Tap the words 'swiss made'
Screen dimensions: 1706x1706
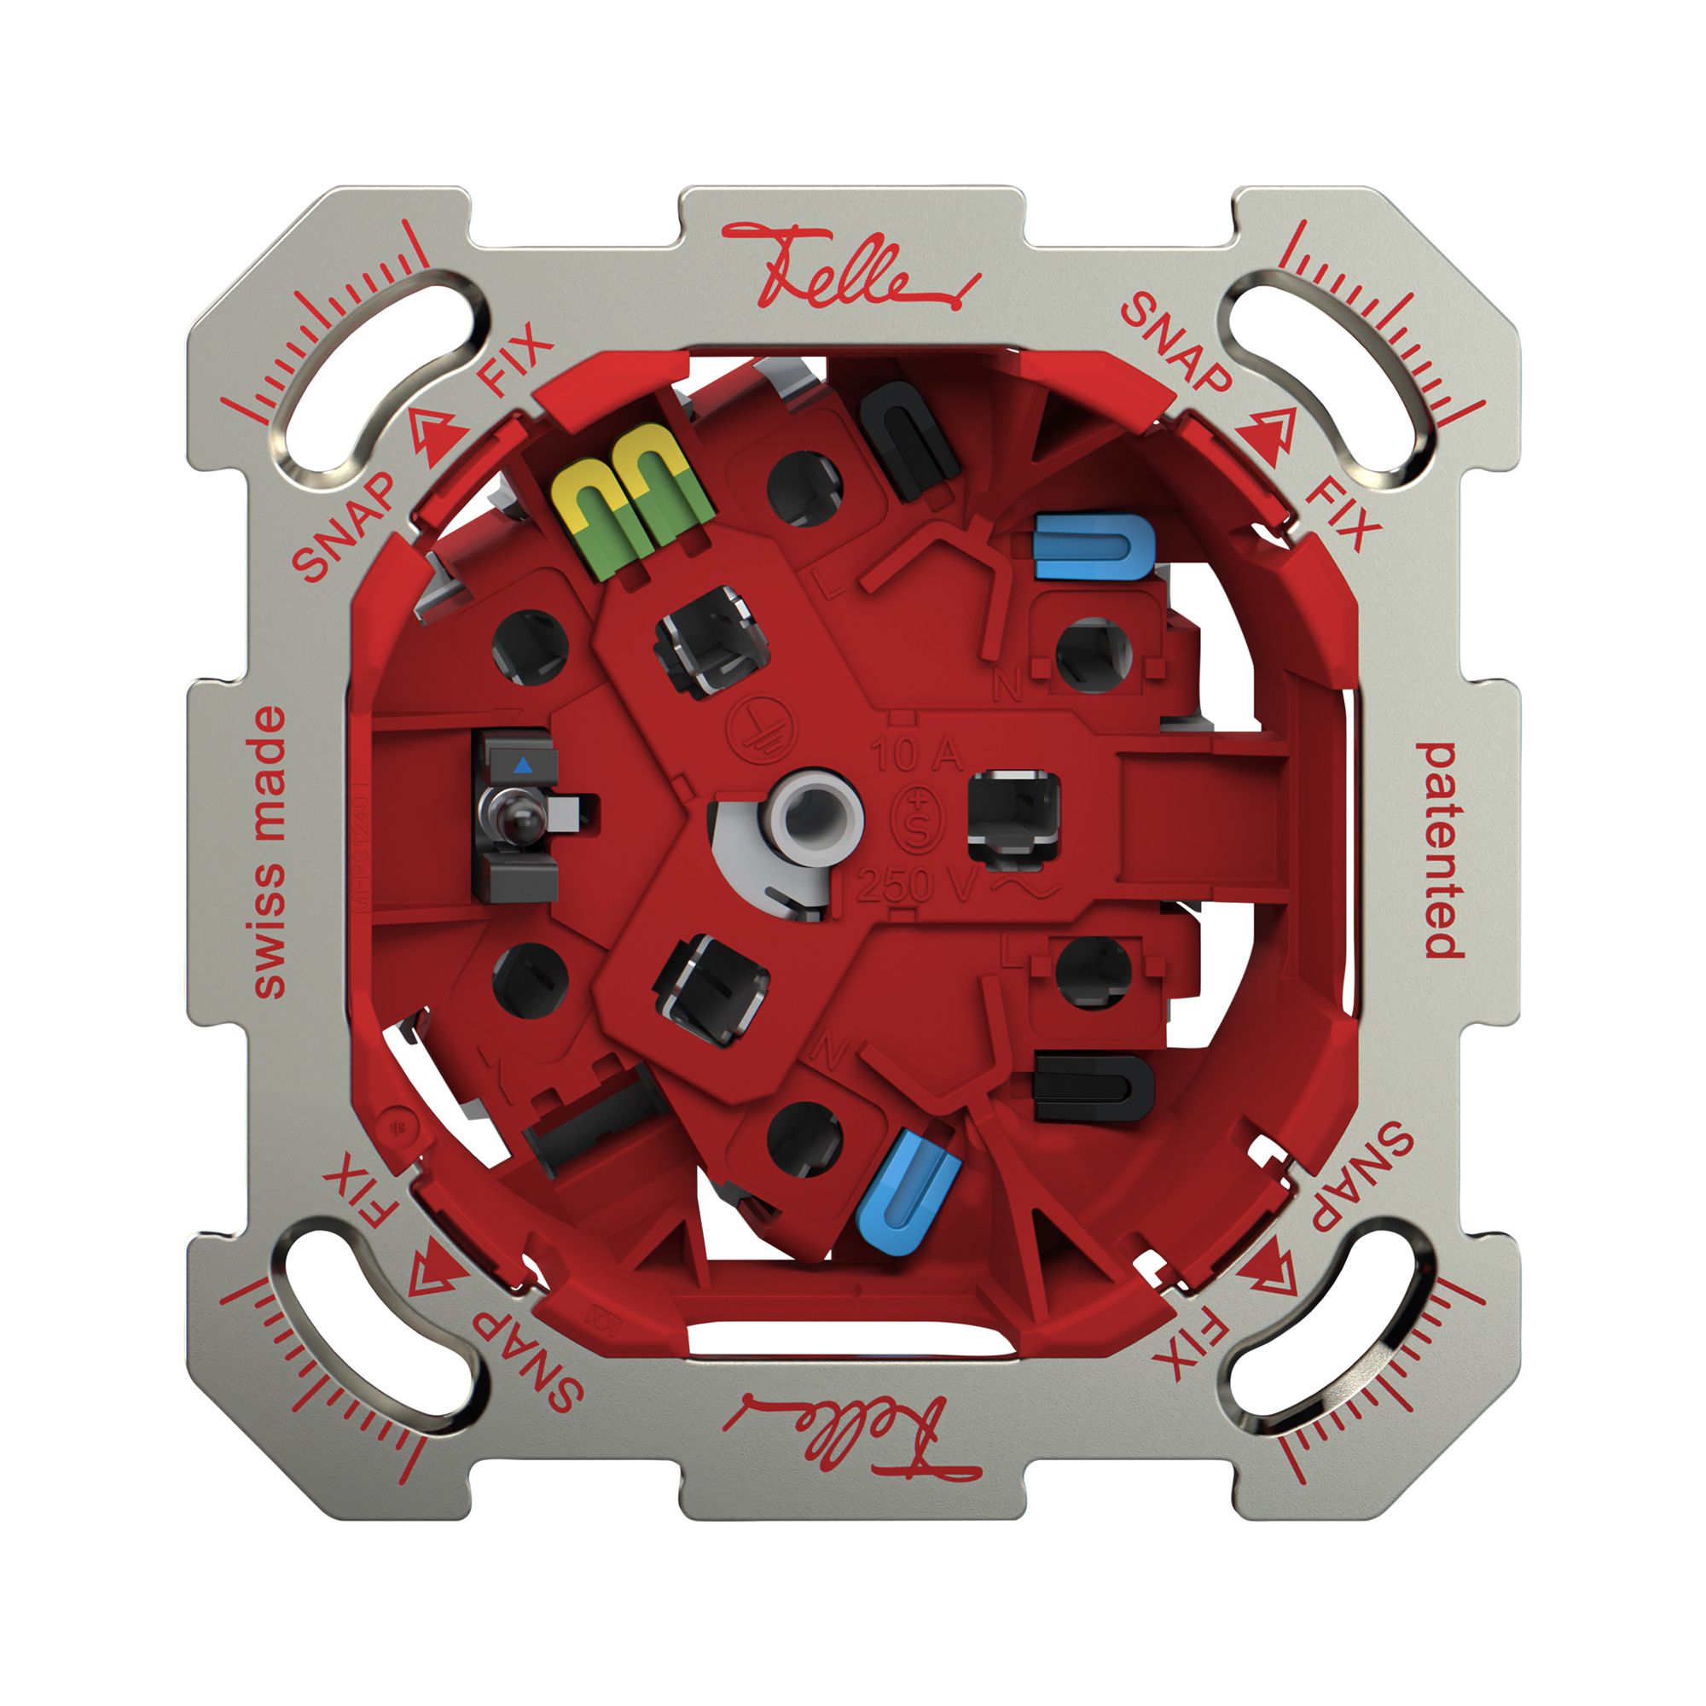click(x=269, y=852)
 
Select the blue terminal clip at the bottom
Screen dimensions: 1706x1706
click(x=908, y=1197)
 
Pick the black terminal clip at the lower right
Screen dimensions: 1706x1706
click(x=1094, y=1087)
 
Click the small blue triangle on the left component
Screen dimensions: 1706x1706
click(x=524, y=764)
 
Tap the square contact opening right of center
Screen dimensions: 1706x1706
click(x=1013, y=812)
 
